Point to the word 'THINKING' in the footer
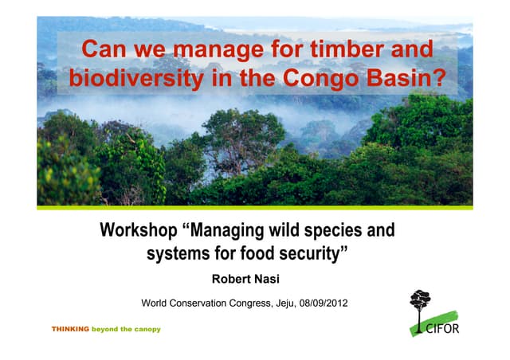(x=70, y=329)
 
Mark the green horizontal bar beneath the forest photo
(x=255, y=208)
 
